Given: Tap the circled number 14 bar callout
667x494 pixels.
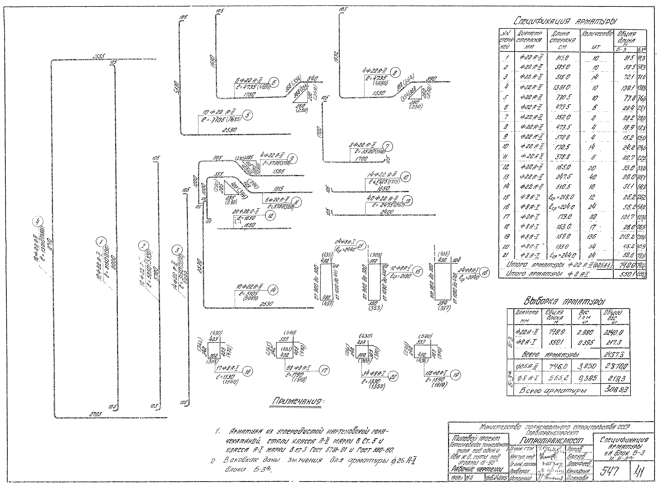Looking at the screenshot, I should coord(273,290).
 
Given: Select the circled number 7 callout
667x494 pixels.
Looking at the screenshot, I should coord(388,147).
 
